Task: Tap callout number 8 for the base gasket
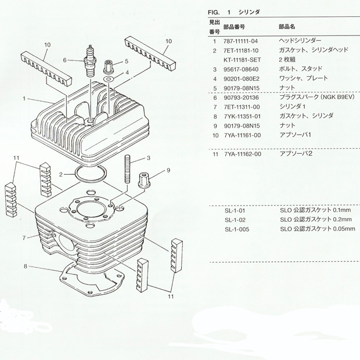(x=26, y=267)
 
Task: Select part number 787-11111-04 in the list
(x=242, y=41)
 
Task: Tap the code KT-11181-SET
(x=244, y=60)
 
